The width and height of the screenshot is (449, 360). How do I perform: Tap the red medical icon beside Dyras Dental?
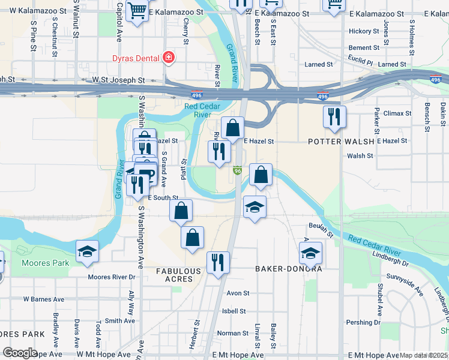(169, 58)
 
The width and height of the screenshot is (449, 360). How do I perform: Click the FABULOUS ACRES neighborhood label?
(178, 275)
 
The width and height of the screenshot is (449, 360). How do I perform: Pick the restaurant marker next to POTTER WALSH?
(334, 117)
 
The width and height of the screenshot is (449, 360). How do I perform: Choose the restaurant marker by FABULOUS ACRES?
(217, 262)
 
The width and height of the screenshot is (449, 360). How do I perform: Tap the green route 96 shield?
(238, 171)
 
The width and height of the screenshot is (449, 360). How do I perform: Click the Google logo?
(20, 353)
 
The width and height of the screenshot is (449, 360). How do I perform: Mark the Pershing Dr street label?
(360, 322)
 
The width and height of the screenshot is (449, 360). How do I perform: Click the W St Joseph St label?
(118, 79)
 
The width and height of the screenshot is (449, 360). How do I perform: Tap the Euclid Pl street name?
(360, 58)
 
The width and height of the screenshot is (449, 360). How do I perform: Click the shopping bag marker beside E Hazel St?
(232, 128)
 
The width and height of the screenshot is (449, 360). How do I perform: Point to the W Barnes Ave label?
(43, 299)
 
